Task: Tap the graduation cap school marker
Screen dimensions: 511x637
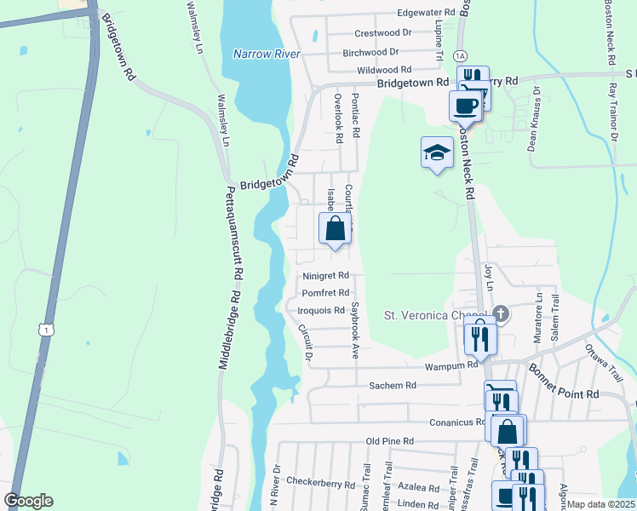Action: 437,154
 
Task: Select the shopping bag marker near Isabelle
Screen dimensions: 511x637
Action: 336,229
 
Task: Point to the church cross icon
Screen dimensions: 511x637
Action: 501,314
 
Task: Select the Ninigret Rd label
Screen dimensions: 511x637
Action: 326,276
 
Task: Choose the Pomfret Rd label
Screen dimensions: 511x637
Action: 326,293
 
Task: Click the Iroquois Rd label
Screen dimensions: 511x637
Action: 321,311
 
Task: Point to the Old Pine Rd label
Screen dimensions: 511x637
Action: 389,441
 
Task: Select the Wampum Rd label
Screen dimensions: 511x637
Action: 451,365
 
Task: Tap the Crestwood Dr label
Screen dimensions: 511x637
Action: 383,32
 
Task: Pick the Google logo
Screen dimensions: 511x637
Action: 28,501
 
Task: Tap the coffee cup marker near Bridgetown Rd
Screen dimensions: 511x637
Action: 466,106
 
